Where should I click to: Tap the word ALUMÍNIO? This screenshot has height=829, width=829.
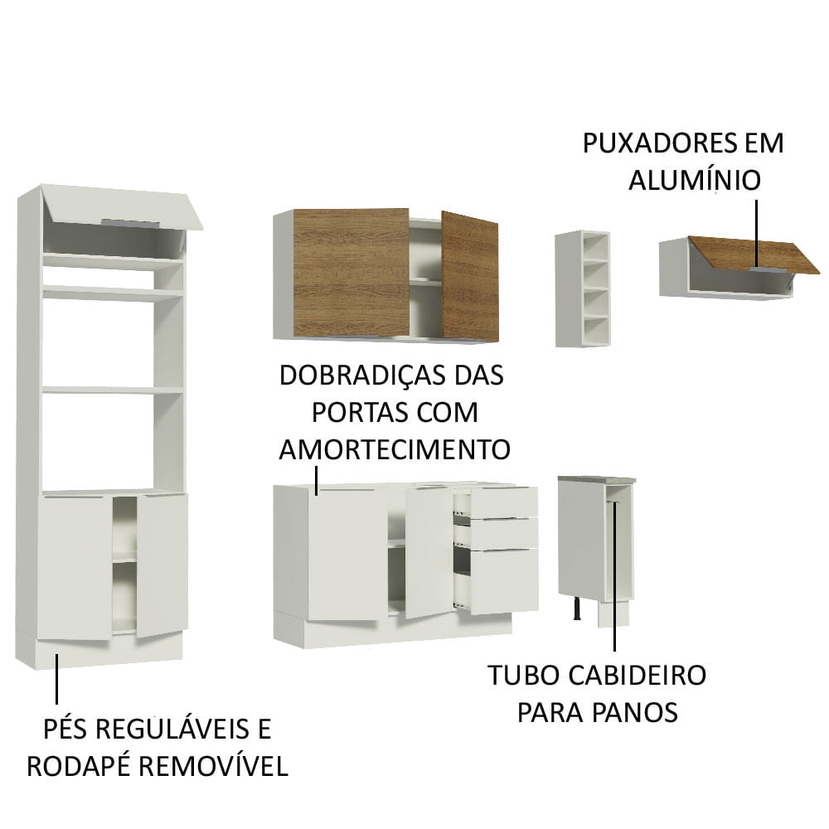pos(694,180)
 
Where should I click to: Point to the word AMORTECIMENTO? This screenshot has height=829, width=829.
pos(394,449)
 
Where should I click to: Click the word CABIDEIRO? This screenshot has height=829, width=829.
pos(636,675)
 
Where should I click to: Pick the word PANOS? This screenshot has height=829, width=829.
pos(636,712)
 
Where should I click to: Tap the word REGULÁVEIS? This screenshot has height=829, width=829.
pos(172,730)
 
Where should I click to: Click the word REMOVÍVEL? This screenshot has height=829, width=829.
pos(218,766)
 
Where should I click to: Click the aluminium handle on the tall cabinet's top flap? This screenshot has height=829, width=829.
pos(128,222)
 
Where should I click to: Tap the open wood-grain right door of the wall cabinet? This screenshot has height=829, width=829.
pos(470,276)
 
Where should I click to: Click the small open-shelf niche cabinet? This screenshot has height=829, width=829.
pos(583,288)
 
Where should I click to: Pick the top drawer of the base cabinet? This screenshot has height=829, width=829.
pos(503,502)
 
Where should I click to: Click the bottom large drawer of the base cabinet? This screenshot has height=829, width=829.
pos(503,580)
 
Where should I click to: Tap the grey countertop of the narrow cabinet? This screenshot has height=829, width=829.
pos(597,479)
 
